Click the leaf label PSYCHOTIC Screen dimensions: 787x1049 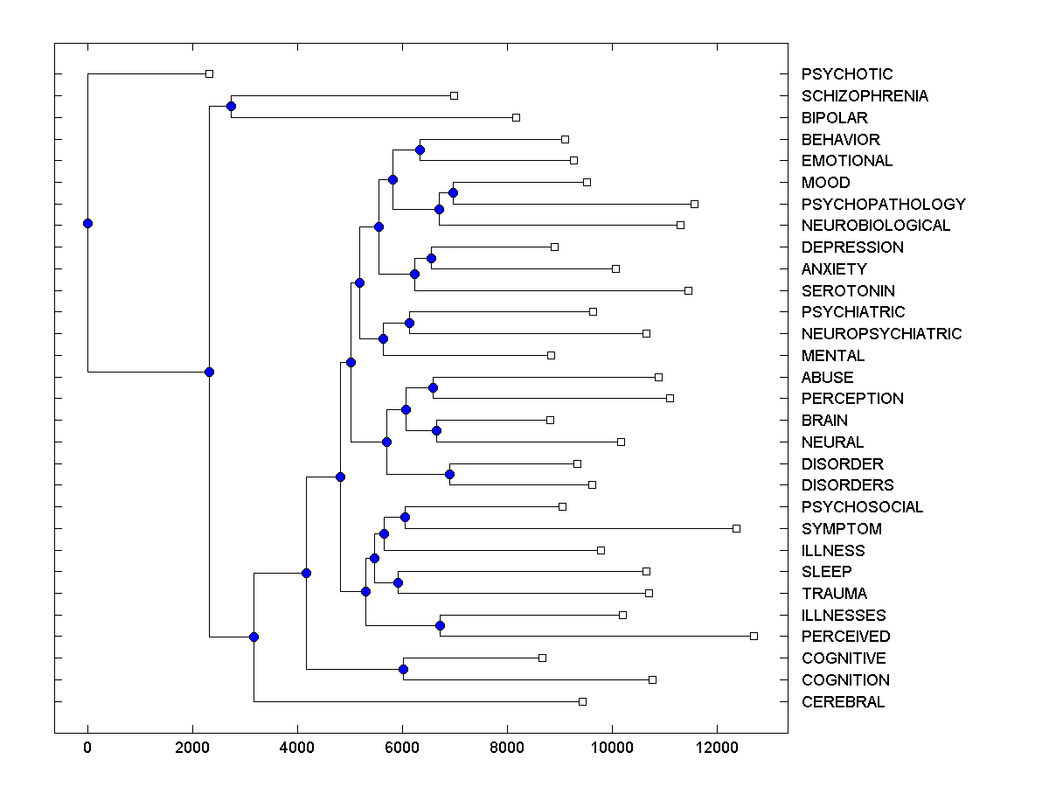(x=846, y=74)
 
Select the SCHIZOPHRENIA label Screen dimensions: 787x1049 (x=864, y=96)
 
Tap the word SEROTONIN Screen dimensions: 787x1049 (x=847, y=290)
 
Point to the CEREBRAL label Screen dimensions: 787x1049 (x=842, y=702)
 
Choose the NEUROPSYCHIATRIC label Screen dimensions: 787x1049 (x=880, y=334)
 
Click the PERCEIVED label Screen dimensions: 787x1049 (x=844, y=637)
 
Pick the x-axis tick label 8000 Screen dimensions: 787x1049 (x=507, y=746)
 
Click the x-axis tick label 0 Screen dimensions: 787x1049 (x=87, y=746)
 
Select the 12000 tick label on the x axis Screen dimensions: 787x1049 (x=717, y=746)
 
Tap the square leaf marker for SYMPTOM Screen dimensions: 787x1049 (x=736, y=528)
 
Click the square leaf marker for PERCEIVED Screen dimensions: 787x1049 (x=754, y=636)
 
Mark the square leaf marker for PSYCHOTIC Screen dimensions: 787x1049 (x=209, y=73)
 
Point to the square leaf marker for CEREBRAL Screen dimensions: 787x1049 (x=582, y=701)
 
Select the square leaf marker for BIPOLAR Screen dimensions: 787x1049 (x=516, y=117)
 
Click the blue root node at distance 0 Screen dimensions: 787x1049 (x=87, y=223)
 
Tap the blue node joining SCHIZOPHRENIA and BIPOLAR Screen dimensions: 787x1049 (x=231, y=107)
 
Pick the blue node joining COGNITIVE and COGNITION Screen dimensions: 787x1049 (x=403, y=669)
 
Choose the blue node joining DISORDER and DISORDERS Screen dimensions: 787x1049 (x=449, y=474)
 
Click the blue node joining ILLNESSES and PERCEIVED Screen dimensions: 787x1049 (x=440, y=625)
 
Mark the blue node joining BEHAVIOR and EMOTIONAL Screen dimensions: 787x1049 (x=420, y=150)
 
